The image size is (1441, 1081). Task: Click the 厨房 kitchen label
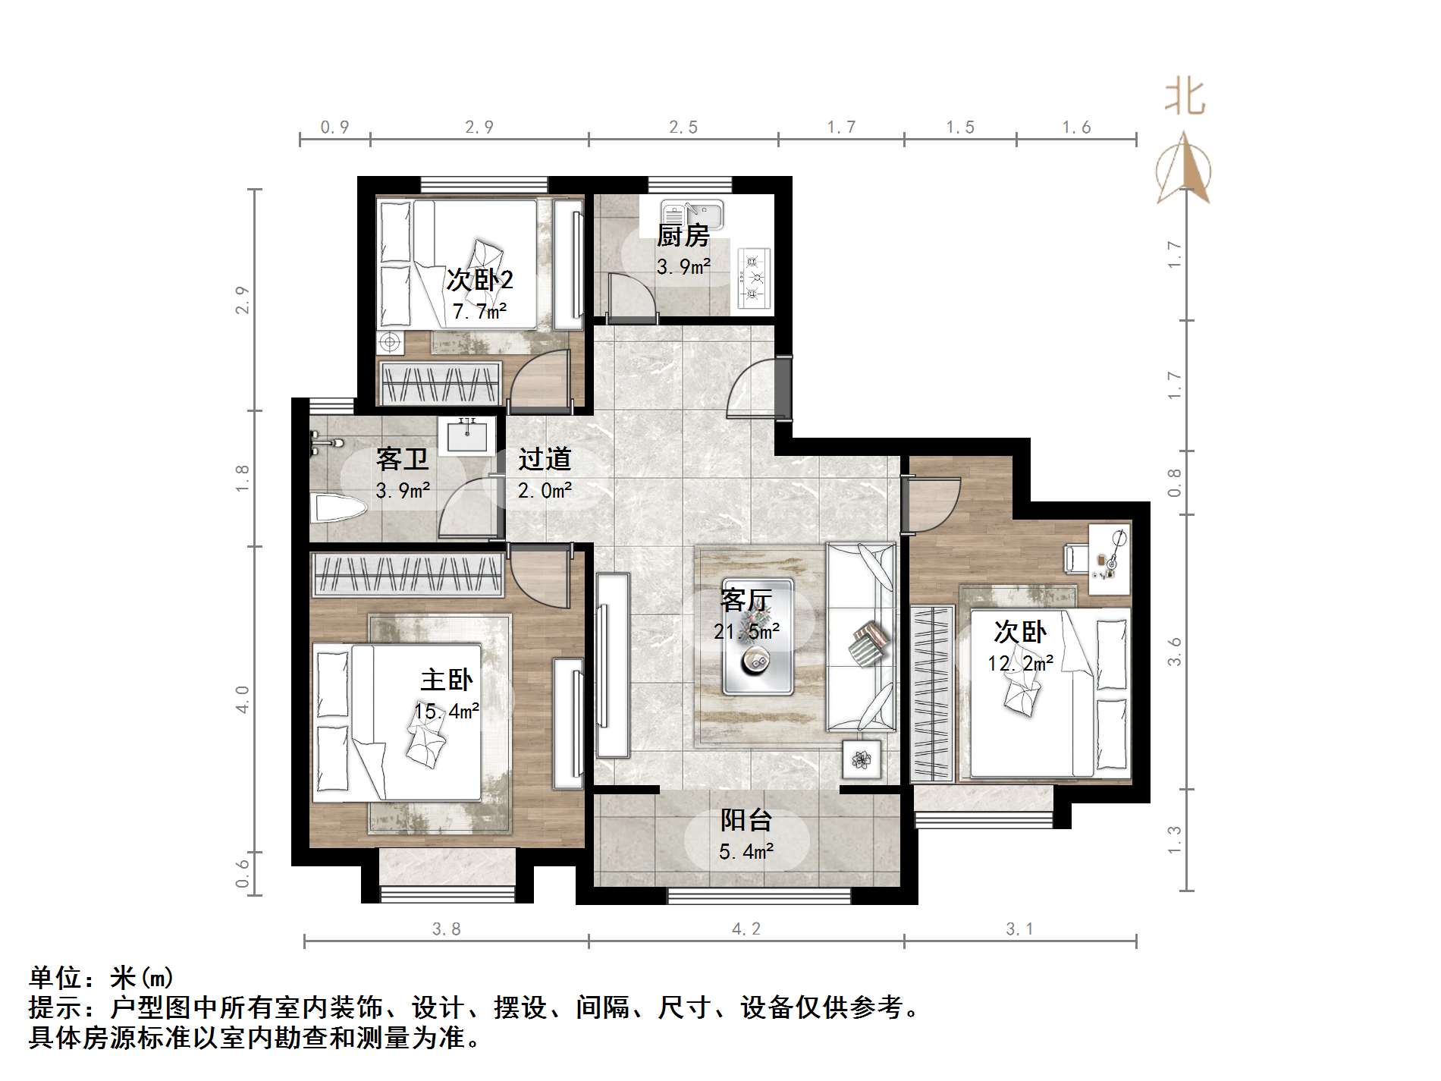coord(683,236)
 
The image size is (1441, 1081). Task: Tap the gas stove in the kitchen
coord(753,278)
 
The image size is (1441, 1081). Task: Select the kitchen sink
coord(692,214)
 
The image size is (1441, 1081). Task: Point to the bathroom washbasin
coord(466,436)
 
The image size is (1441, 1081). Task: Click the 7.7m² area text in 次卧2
coord(479,311)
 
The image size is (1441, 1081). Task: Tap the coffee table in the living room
coord(758,637)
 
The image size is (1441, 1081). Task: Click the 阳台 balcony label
coord(746,820)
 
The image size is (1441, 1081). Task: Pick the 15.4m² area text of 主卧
coord(446,712)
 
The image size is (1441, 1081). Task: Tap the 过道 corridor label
coord(545,459)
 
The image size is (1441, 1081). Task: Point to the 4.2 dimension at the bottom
coord(746,929)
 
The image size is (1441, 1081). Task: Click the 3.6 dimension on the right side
coord(1175,651)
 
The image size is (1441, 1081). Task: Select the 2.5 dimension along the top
coord(683,127)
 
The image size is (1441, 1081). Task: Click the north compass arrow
coord(1183,171)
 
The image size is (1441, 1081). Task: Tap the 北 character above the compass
coord(1185,99)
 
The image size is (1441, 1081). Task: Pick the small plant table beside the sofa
coord(862,759)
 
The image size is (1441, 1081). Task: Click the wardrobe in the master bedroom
coord(409,574)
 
